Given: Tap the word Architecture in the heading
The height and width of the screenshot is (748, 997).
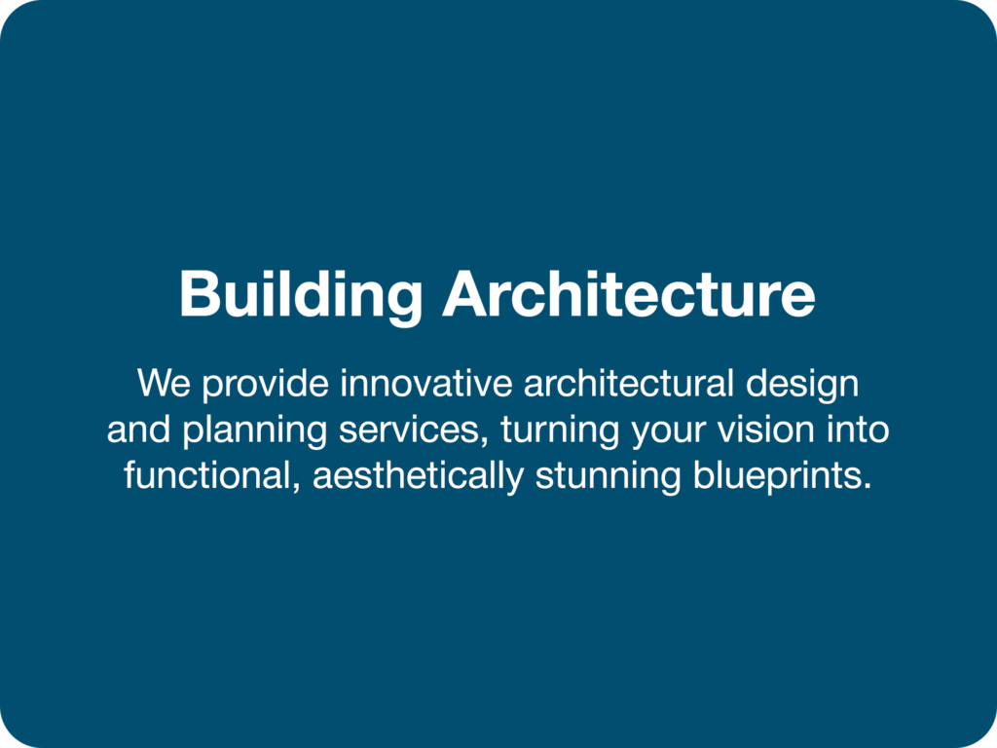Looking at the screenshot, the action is coord(629,293).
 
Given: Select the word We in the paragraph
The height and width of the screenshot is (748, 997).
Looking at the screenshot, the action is coord(164,383).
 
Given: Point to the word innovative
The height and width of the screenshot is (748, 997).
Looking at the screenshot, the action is coord(426,383).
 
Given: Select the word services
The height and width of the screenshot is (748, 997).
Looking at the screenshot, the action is coord(408,430).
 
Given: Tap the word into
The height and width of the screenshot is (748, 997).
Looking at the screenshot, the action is coord(858,429).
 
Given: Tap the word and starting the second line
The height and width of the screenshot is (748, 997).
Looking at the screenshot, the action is coord(138,429).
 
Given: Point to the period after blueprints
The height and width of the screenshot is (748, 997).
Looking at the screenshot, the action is coord(867,487).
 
